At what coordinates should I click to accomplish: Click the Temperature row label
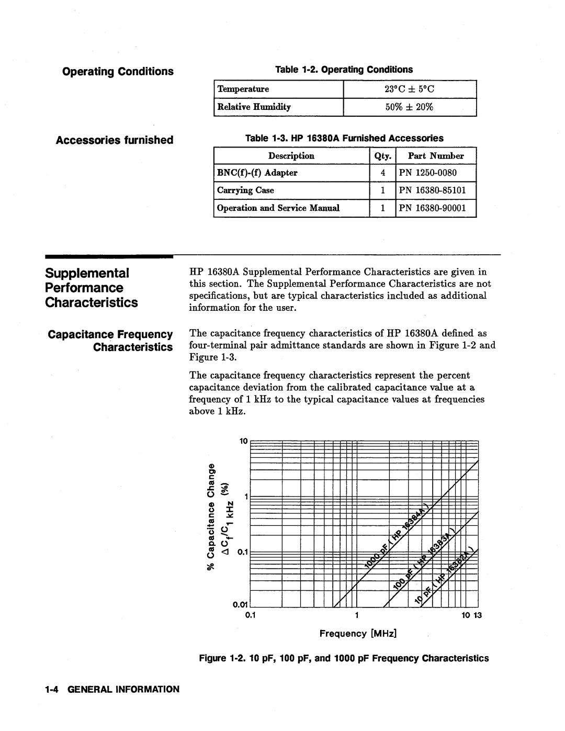click(243, 89)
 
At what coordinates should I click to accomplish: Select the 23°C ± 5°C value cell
click(410, 89)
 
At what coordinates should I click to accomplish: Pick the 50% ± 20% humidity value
click(410, 107)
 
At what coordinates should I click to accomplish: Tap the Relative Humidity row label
click(254, 107)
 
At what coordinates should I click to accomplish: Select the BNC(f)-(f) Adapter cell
click(257, 173)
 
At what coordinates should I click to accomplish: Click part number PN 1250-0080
click(428, 173)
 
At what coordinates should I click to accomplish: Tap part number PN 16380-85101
click(433, 190)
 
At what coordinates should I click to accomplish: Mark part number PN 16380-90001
click(433, 208)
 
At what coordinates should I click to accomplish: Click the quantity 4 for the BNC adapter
click(383, 173)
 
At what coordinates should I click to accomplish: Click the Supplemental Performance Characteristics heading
click(92, 288)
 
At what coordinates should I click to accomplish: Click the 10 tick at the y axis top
click(243, 441)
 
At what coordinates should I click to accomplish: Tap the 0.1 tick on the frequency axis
click(250, 615)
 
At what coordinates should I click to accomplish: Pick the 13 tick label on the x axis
click(477, 615)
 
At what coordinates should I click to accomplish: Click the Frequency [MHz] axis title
click(358, 634)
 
